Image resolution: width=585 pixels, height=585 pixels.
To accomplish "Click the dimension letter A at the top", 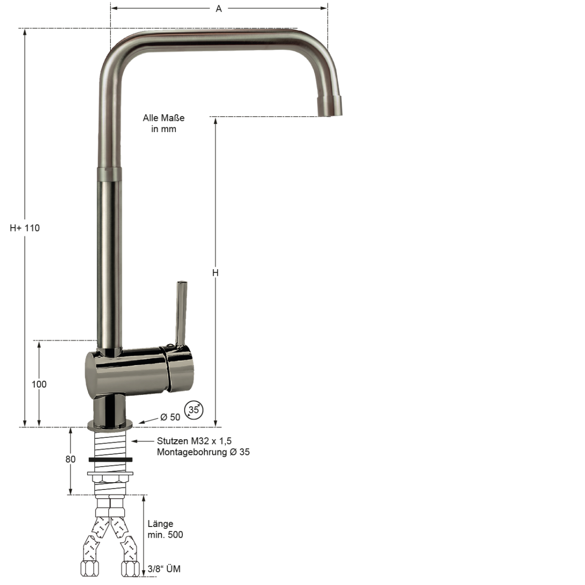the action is (x=218, y=8).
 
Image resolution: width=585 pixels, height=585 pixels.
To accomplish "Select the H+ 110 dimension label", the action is (x=24, y=228).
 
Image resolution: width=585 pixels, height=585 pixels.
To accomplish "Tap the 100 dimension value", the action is (x=39, y=384).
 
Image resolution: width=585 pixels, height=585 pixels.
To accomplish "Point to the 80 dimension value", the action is (x=70, y=459).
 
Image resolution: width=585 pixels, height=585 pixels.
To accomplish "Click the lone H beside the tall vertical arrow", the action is (x=215, y=273).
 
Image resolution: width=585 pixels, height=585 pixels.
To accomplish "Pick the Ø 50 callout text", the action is (x=170, y=417).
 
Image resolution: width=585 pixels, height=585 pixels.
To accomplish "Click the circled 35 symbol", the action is (x=194, y=410).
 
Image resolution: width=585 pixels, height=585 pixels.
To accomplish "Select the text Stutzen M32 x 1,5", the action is (x=195, y=441).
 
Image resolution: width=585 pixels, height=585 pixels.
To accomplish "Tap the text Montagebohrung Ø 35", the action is (x=203, y=452).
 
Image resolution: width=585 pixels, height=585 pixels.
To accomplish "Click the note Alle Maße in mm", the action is (x=164, y=123).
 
